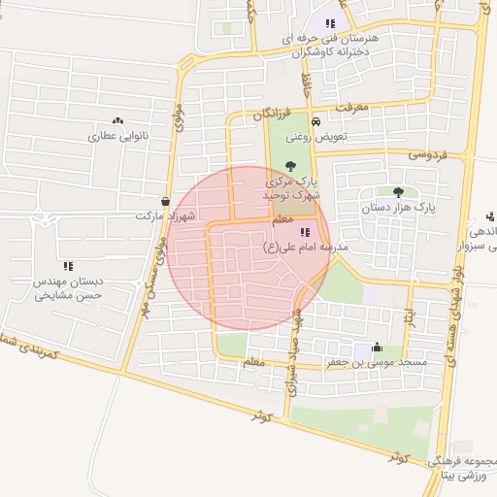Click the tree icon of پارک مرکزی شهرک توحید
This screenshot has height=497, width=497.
[x=291, y=165]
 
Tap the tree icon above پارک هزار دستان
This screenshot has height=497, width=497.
[x=399, y=192]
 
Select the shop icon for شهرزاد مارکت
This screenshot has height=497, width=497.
[x=165, y=202]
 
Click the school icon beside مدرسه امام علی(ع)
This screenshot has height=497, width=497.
[x=305, y=233]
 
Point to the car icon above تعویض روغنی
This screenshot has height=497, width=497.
[x=316, y=121]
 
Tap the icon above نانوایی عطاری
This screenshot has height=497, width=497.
[x=118, y=121]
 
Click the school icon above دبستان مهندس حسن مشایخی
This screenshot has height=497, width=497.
[x=68, y=266]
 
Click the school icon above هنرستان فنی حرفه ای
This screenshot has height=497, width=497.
[x=331, y=23]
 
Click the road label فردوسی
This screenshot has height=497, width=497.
[x=426, y=153]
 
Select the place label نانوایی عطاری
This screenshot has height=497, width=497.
[x=116, y=136]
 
